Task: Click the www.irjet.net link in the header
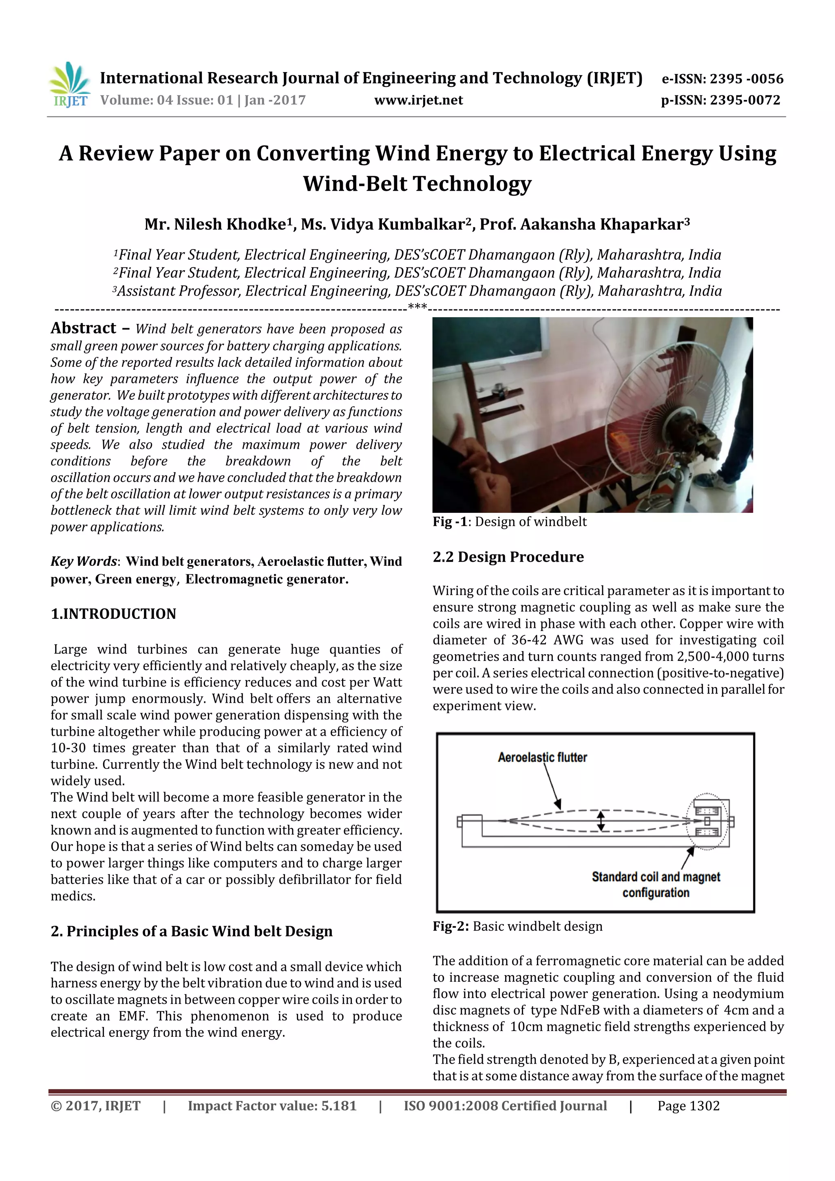click(x=418, y=100)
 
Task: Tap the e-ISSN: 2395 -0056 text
click(x=722, y=79)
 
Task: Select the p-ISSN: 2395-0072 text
click(x=720, y=100)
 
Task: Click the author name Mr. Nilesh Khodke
click(x=215, y=225)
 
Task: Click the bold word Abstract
click(x=83, y=328)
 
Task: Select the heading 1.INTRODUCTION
click(x=113, y=614)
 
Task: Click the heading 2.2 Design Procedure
click(x=508, y=557)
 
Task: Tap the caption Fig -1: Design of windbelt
click(x=509, y=521)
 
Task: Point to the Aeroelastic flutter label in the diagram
click(x=542, y=757)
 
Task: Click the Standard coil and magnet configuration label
click(x=656, y=884)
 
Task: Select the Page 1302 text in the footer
click(x=688, y=1106)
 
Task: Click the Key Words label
click(x=84, y=561)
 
